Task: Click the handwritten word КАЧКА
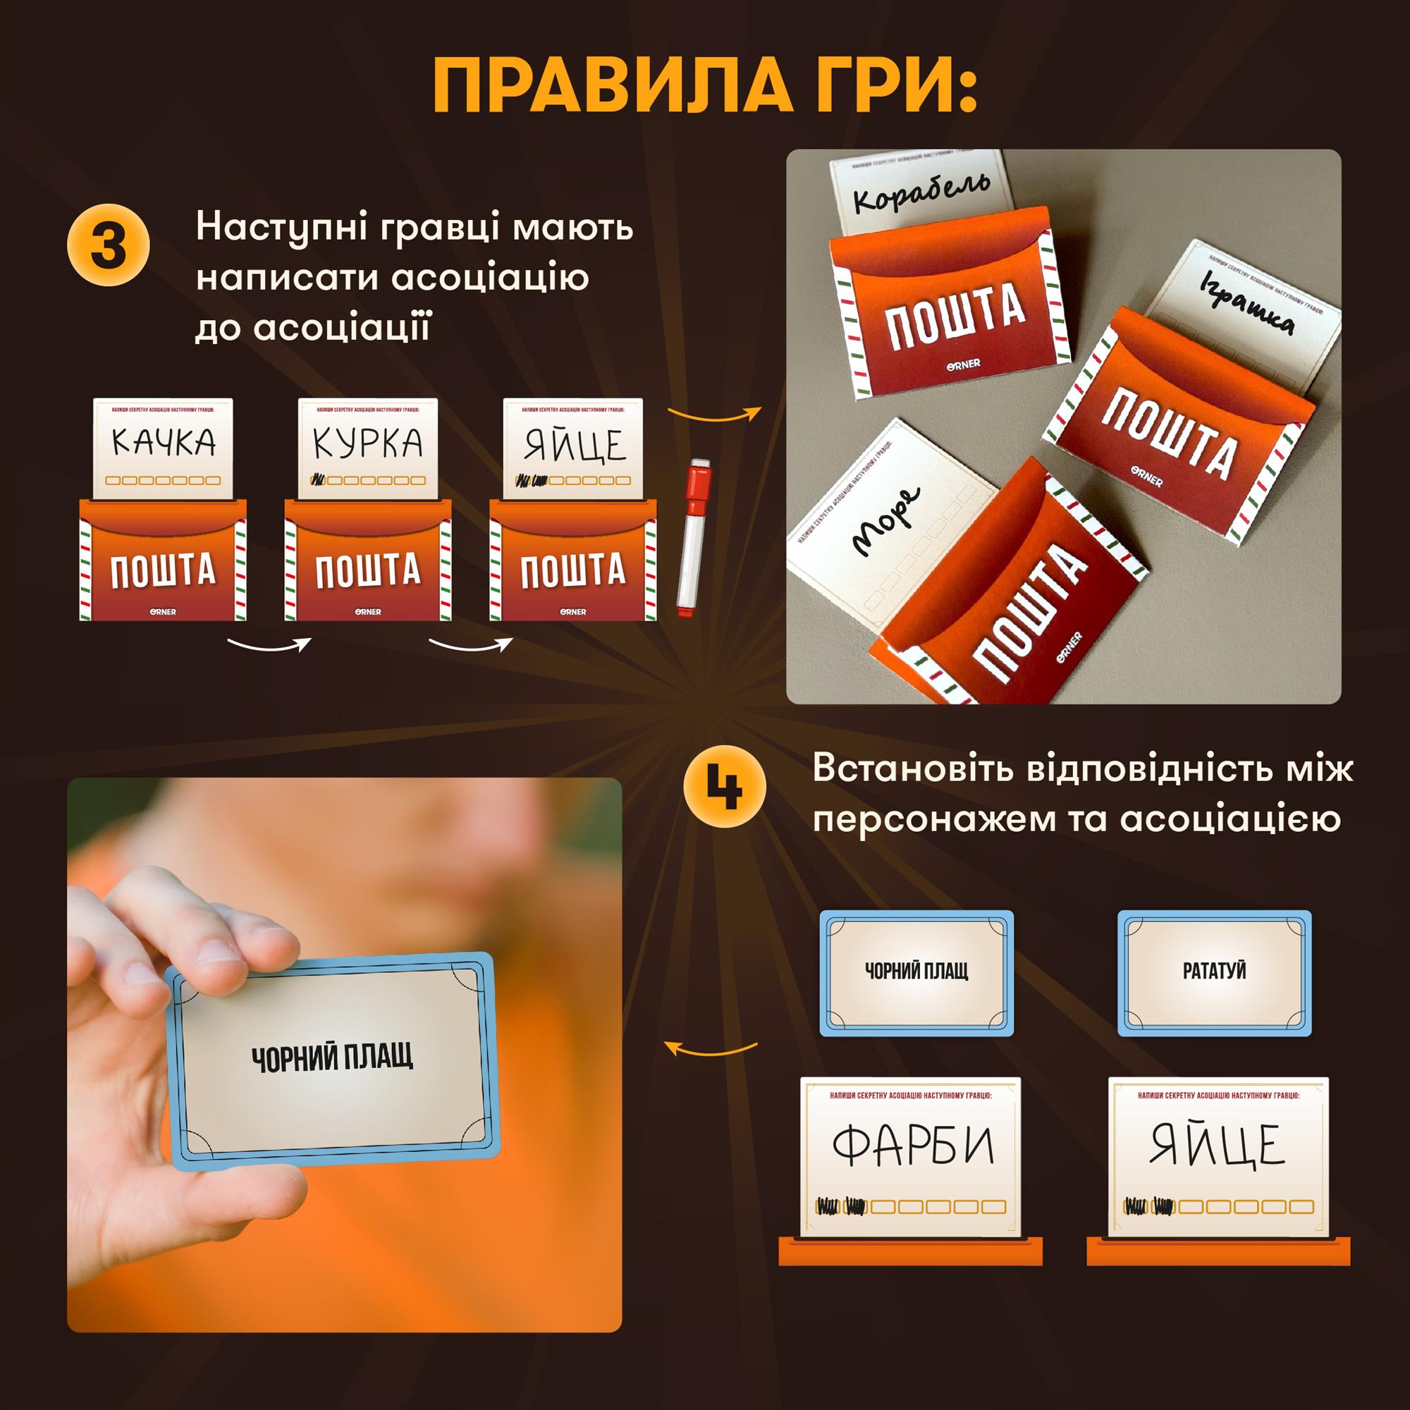coord(164,441)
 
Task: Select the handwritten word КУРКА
coord(368,441)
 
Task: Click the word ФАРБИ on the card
coord(913,1146)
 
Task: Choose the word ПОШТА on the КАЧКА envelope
coord(164,570)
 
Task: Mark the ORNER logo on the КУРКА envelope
coord(368,611)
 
